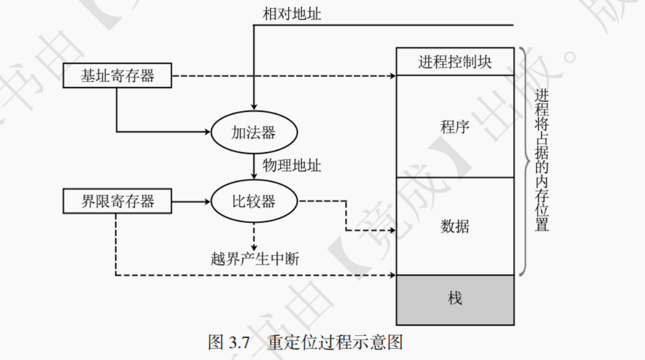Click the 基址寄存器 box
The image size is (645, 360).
(x=117, y=76)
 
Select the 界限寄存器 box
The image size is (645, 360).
(x=117, y=200)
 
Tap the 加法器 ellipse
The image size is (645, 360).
(x=254, y=133)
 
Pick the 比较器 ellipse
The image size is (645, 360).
(x=254, y=200)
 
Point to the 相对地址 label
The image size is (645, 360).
(x=292, y=15)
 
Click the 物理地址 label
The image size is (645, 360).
(x=292, y=166)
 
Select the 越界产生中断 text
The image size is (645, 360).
(x=254, y=259)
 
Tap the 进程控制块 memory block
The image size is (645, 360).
(x=455, y=62)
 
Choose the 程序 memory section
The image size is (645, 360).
(x=455, y=126)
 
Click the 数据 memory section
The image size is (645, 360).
(x=455, y=226)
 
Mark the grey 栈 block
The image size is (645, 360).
(x=455, y=298)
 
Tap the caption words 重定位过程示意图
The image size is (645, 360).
(x=335, y=342)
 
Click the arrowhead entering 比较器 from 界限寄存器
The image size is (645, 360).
(x=207, y=200)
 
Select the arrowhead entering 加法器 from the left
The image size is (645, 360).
(x=207, y=133)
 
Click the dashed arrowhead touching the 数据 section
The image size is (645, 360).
(x=392, y=230)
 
